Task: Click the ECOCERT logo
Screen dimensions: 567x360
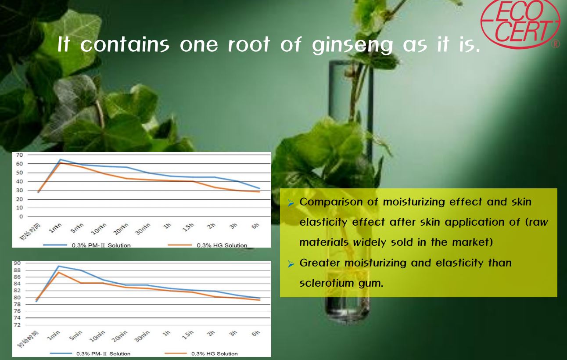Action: click(x=520, y=23)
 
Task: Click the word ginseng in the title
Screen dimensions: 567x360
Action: click(x=352, y=46)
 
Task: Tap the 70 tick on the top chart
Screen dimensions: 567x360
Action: click(x=19, y=155)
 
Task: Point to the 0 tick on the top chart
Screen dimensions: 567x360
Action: click(x=21, y=216)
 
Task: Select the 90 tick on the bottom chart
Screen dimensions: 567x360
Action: click(x=17, y=263)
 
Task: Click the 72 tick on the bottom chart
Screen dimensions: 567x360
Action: click(x=17, y=325)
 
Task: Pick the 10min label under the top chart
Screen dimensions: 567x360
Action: click(x=98, y=229)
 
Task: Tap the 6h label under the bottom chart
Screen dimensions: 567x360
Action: click(x=256, y=333)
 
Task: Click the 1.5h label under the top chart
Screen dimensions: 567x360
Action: click(x=188, y=227)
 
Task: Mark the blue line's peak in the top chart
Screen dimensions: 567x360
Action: click(x=60, y=159)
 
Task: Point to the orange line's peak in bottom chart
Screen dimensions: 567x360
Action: click(x=58, y=272)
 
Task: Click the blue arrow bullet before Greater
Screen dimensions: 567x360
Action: click(x=291, y=264)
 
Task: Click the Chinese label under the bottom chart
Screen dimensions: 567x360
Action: click(x=29, y=339)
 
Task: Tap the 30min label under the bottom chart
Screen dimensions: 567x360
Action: click(x=142, y=336)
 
